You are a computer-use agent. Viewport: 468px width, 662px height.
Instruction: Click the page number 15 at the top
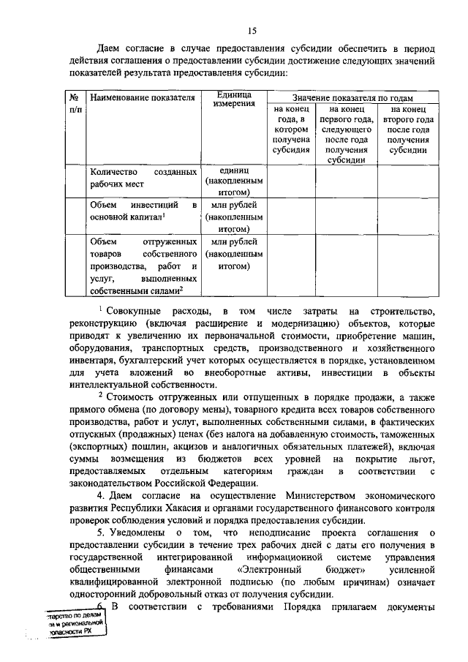click(252, 30)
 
